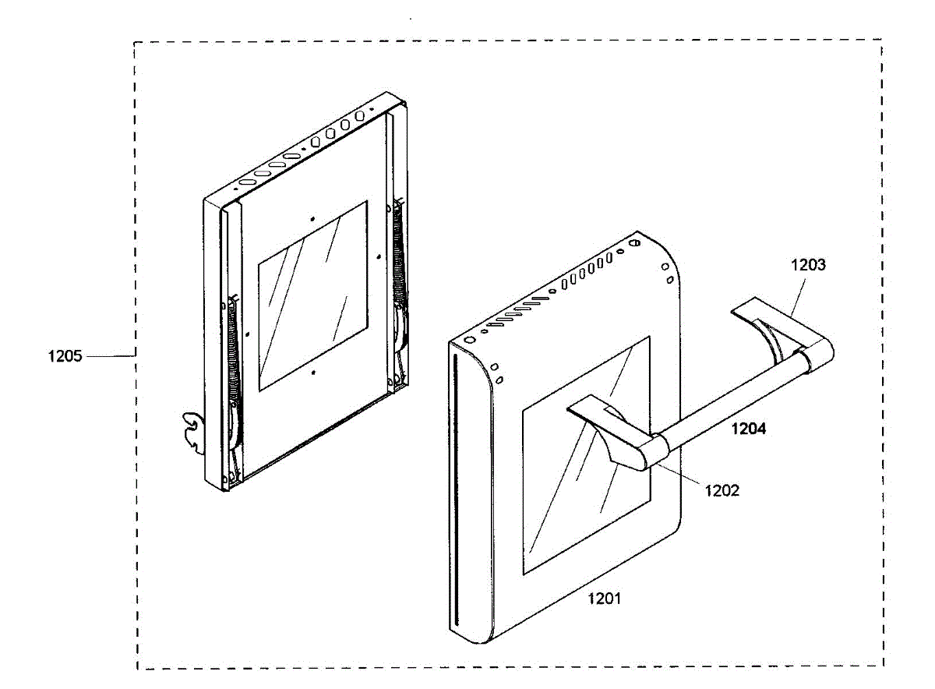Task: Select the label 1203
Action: point(808,264)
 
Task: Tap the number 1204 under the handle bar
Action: point(748,427)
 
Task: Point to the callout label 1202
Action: point(722,490)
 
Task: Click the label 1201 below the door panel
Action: point(604,599)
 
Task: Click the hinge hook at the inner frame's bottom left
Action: point(192,431)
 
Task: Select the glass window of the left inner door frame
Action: point(312,296)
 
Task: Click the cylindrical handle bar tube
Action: point(725,404)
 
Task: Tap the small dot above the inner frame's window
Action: point(312,219)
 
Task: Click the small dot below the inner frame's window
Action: point(312,373)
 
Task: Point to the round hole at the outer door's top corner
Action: point(633,243)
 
